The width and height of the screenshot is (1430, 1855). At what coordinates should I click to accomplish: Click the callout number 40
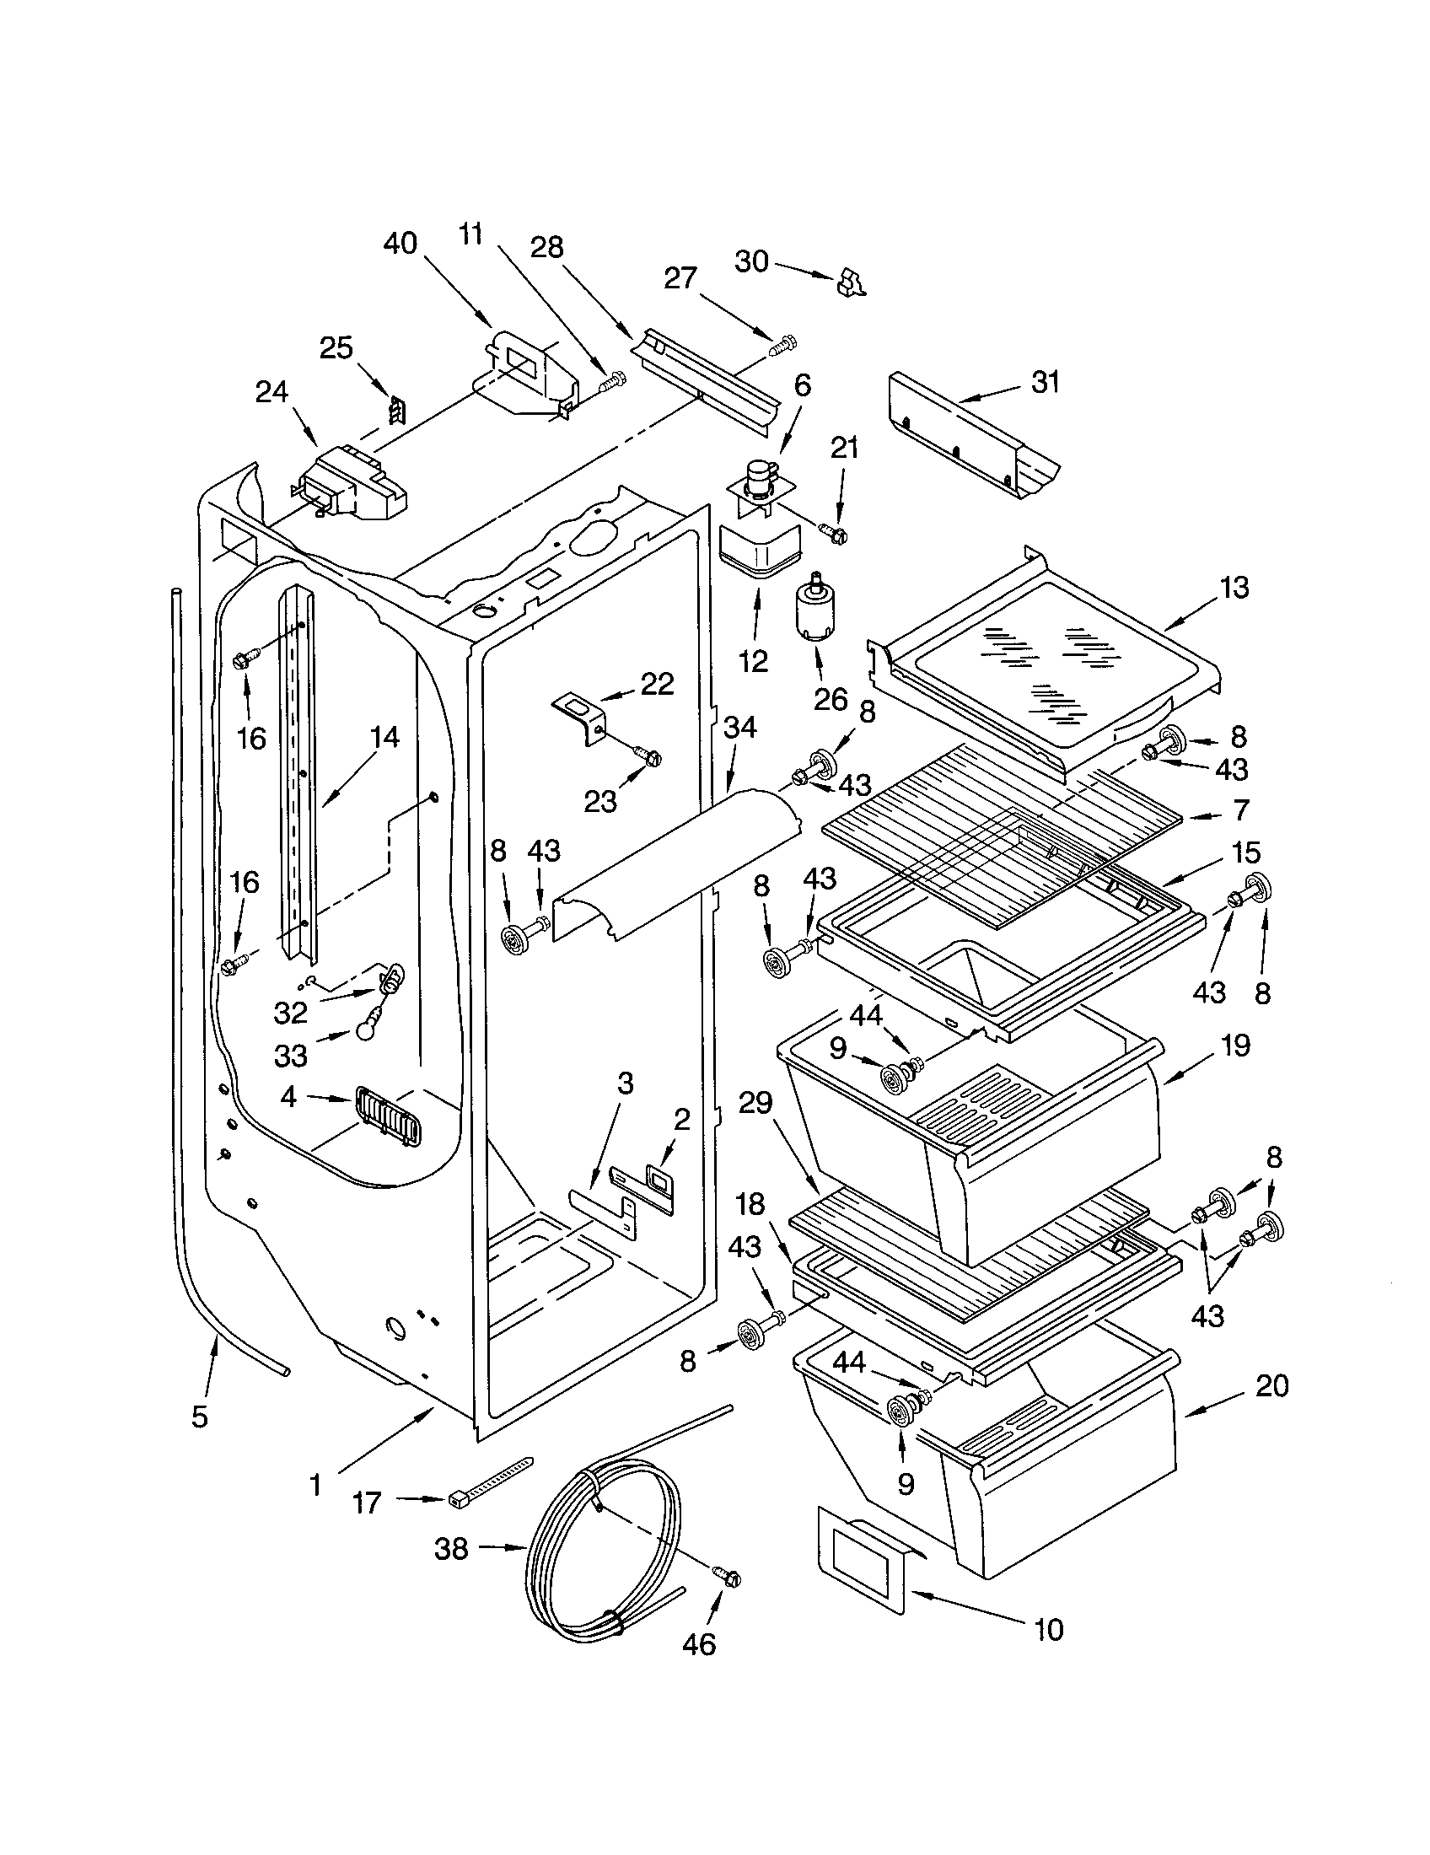[401, 244]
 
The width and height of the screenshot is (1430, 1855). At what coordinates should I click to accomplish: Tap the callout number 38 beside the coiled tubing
[451, 1548]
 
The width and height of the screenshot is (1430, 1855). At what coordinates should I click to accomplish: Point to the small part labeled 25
[395, 411]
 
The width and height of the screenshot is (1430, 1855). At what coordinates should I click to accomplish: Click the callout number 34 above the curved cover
[740, 727]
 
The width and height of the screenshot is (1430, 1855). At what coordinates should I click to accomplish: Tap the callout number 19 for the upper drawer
[1235, 1046]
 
